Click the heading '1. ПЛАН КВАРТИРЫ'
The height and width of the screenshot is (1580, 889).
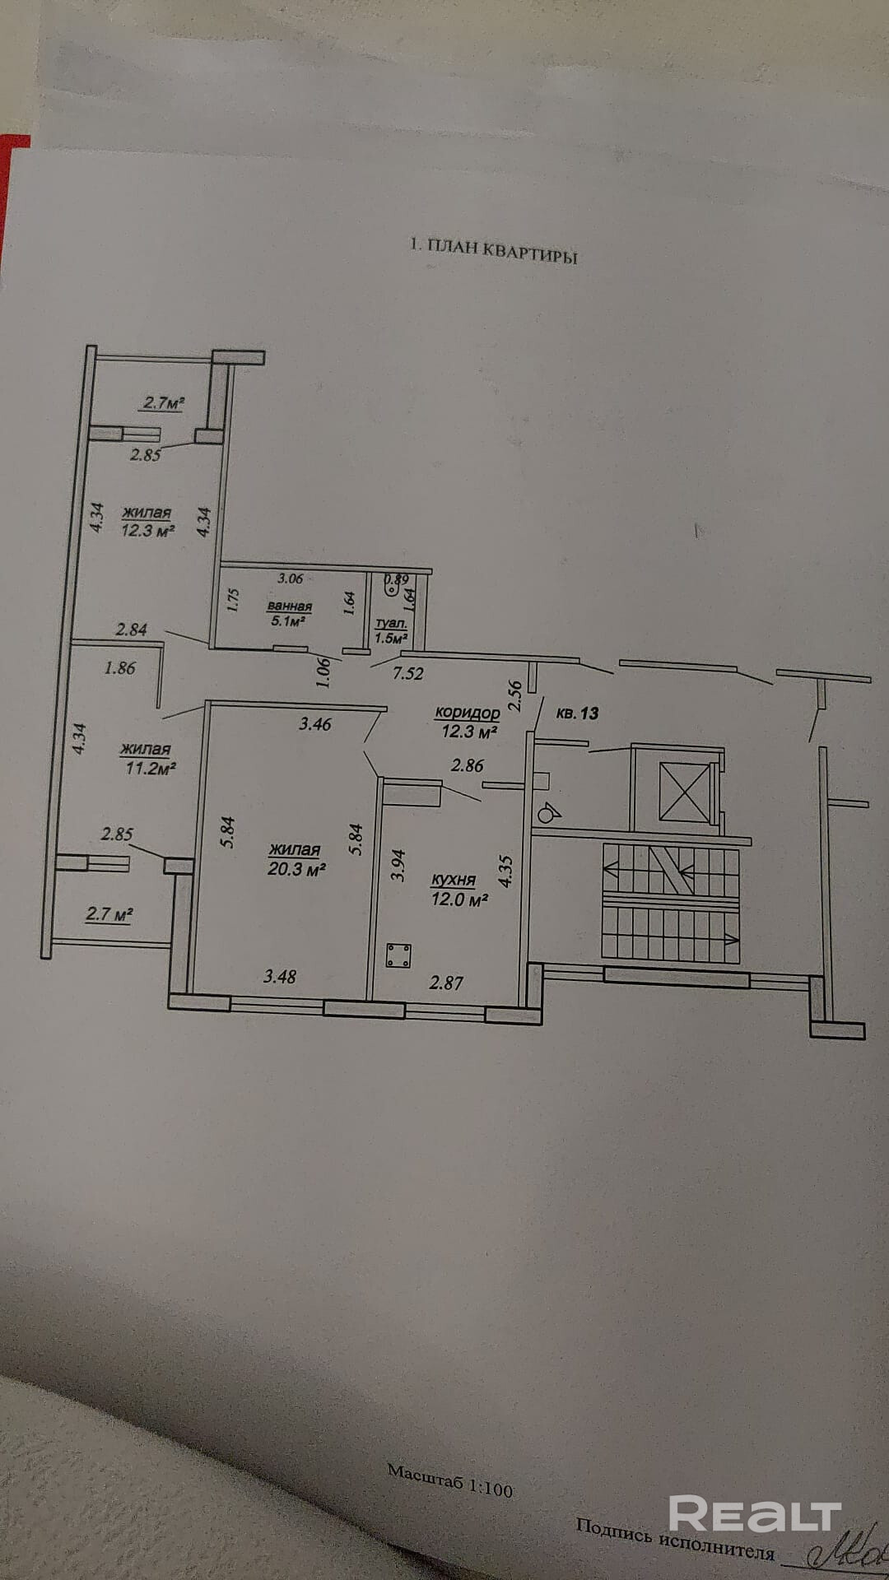(x=494, y=252)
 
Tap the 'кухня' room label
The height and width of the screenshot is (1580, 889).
(x=454, y=881)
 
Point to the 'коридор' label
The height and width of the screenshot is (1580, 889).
(x=467, y=713)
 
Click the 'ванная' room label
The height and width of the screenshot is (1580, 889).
(x=289, y=606)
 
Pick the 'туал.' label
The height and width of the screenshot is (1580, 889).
(x=391, y=625)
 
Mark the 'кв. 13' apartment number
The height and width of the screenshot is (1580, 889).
(x=577, y=713)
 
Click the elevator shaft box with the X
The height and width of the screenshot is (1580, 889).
(x=685, y=792)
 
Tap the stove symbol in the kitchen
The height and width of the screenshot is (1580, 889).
(x=400, y=956)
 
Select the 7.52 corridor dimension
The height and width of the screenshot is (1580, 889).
(x=408, y=673)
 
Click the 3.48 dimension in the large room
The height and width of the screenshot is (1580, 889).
(x=279, y=977)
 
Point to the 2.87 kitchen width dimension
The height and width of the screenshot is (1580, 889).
(x=447, y=982)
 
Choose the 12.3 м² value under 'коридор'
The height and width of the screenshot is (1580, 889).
(x=467, y=730)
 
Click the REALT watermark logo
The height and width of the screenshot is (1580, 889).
(x=754, y=1513)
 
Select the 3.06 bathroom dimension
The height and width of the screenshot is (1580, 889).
(x=291, y=579)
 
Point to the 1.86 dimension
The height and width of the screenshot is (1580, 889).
(x=120, y=668)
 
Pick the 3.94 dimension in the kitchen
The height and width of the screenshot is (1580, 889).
(x=398, y=866)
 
